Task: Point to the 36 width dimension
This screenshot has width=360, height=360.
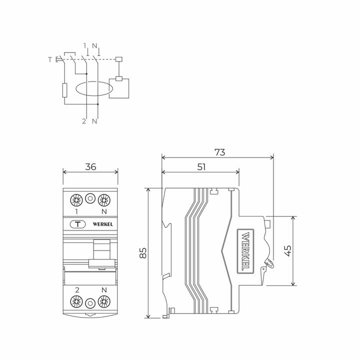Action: (x=90, y=167)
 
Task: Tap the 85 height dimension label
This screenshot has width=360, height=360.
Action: (x=143, y=253)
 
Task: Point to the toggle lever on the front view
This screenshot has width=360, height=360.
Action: (x=102, y=252)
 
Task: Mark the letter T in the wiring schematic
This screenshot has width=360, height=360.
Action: (x=49, y=60)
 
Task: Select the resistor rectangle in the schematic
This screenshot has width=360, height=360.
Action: (x=64, y=91)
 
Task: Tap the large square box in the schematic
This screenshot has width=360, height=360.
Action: (x=119, y=89)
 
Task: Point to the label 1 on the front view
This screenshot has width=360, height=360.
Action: (x=76, y=211)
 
